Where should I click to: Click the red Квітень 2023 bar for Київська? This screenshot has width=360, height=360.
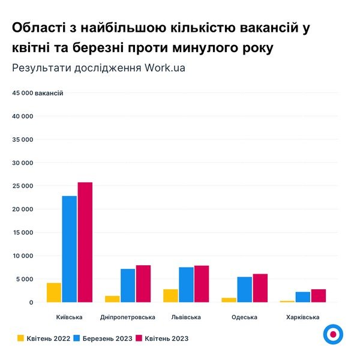(x=85, y=242)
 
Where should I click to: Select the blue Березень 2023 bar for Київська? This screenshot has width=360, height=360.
(x=70, y=249)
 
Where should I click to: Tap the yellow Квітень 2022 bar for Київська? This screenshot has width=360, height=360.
(x=54, y=292)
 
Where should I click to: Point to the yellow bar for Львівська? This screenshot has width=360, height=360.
(x=170, y=296)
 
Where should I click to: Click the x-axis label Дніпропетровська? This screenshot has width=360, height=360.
(x=128, y=317)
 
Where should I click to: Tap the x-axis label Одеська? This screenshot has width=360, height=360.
(x=244, y=317)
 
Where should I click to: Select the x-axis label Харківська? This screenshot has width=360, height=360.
(x=302, y=317)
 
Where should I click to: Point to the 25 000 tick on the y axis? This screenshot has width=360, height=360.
(x=23, y=186)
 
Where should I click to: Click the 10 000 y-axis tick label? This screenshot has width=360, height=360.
(x=23, y=256)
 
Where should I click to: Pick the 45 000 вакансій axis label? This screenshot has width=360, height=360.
(x=37, y=93)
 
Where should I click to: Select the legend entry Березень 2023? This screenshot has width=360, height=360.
(x=107, y=338)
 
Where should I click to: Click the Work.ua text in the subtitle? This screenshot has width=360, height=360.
(x=164, y=67)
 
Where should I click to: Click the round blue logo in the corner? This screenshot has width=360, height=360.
(x=332, y=334)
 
